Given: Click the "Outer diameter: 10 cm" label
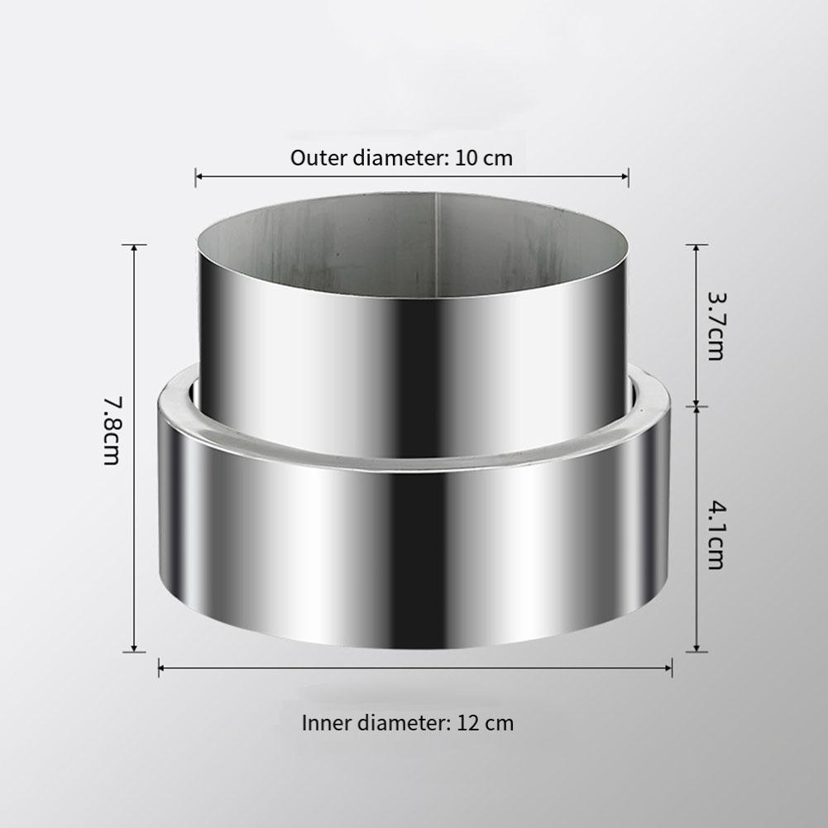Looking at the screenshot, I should pyautogui.click(x=401, y=158).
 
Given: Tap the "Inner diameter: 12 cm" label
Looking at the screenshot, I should pyautogui.click(x=407, y=723).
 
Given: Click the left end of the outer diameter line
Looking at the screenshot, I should pyautogui.click(x=196, y=175).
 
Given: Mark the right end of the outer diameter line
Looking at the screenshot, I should pyautogui.click(x=629, y=175).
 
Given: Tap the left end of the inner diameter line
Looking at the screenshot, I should pyautogui.click(x=160, y=667).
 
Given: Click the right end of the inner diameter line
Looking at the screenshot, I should pyautogui.click(x=672, y=667).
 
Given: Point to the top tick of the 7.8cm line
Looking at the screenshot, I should pyautogui.click(x=134, y=246).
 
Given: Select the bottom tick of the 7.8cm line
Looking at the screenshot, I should pyautogui.click(x=134, y=652).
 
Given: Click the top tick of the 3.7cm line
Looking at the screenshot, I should pyautogui.click(x=697, y=246).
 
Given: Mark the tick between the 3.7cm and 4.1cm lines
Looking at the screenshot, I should pyautogui.click(x=697, y=406).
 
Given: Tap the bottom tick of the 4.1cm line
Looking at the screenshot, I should pyautogui.click(x=697, y=652).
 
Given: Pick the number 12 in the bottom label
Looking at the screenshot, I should pyautogui.click(x=467, y=723).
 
